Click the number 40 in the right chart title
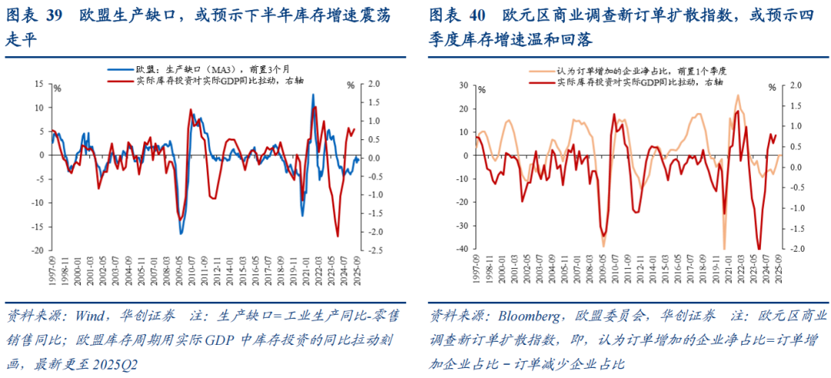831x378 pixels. (x=479, y=15)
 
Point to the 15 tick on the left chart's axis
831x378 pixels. (x=41, y=84)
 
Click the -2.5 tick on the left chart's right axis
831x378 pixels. (x=377, y=250)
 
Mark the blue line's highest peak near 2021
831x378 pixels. (x=312, y=95)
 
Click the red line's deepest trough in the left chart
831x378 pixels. (x=338, y=236)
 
